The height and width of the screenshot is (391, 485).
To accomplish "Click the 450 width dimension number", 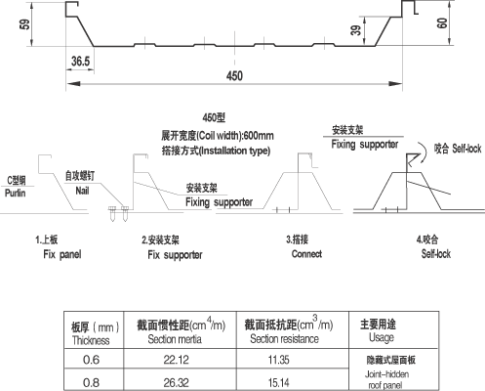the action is click(x=234, y=76).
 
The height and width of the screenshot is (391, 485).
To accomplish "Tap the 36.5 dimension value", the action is click(x=80, y=61).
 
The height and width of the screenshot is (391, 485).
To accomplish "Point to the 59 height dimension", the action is click(x=24, y=24).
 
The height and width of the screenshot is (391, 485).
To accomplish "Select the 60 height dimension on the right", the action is click(x=442, y=23).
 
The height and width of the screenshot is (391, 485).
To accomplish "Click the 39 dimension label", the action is click(x=356, y=30).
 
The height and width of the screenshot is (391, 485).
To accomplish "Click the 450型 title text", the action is click(x=214, y=117).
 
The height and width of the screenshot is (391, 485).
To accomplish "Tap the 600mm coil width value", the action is click(x=259, y=135).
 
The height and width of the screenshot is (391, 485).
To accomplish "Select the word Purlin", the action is click(x=16, y=193).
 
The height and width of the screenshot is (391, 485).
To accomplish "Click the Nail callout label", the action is click(x=82, y=191).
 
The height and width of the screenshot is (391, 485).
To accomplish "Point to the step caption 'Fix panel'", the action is click(x=62, y=254).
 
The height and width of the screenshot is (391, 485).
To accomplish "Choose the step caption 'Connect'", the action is click(x=306, y=254).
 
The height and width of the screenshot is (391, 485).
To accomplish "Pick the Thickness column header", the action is click(x=91, y=340).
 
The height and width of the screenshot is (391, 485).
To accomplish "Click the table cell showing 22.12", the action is click(x=176, y=360).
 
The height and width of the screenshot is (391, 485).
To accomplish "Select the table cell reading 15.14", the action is click(x=279, y=382).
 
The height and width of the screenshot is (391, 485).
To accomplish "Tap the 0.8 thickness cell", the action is click(x=91, y=382).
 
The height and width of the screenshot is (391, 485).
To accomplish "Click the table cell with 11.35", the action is click(x=279, y=360).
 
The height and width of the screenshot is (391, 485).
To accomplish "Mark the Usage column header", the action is click(x=382, y=337).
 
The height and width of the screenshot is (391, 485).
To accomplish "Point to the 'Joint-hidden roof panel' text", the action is click(x=386, y=379).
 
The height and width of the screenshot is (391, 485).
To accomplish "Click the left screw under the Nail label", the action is click(x=112, y=213).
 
